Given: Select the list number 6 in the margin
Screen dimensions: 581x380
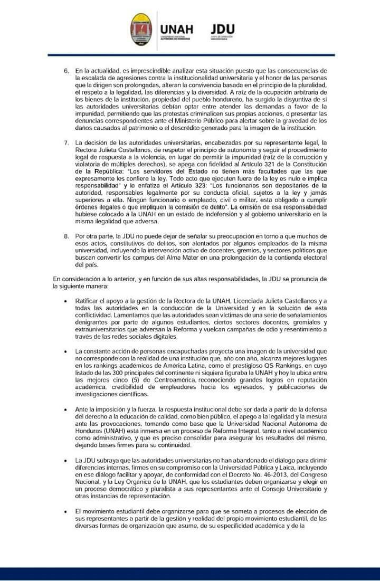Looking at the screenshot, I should [x=66, y=71].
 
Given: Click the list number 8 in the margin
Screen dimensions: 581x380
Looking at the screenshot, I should [x=66, y=236].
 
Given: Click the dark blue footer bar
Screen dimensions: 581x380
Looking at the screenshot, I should [x=190, y=574].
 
